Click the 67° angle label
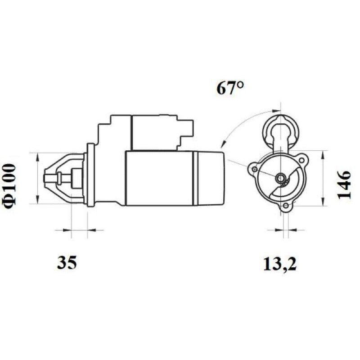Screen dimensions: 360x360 (230, 88)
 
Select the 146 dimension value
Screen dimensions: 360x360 (344, 184)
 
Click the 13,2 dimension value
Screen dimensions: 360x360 (279, 264)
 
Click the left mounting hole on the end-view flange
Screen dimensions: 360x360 (254, 169)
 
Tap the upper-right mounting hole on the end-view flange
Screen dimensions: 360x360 (302, 160)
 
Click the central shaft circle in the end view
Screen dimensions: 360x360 (280, 177)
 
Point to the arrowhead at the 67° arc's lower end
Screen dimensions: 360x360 (223, 144)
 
